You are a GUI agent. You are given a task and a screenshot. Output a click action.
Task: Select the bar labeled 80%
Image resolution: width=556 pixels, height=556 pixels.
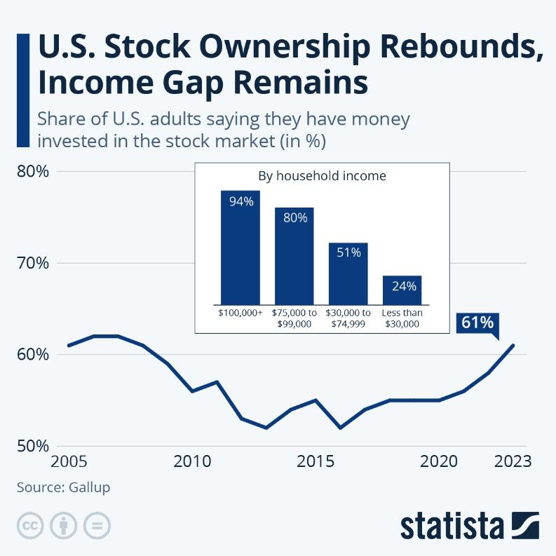294,256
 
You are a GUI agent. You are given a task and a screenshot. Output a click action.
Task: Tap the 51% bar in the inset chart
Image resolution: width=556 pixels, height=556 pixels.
348,273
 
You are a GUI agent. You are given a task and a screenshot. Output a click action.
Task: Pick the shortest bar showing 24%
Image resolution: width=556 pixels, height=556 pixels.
402,290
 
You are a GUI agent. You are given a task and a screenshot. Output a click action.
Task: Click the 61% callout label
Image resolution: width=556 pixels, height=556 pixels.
477,323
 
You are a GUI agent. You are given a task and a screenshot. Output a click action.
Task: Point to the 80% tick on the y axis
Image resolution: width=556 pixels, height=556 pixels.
32,172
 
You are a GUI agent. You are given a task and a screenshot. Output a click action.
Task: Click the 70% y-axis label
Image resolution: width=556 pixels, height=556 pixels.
32,264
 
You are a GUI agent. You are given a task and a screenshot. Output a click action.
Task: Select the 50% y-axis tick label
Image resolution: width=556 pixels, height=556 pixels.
32,446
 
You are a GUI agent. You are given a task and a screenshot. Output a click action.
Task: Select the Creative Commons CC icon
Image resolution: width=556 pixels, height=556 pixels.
30,525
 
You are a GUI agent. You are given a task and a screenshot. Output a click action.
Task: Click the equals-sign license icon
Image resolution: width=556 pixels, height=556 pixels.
97,525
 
